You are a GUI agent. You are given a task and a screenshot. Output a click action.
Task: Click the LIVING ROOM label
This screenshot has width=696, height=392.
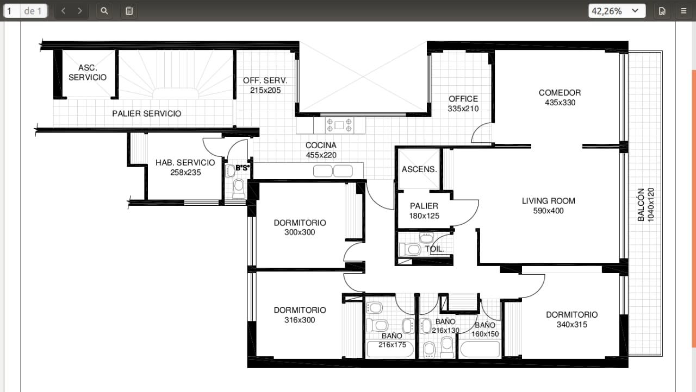(x=549, y=201)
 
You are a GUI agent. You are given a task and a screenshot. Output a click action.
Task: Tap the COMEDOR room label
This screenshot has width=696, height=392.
(x=560, y=93)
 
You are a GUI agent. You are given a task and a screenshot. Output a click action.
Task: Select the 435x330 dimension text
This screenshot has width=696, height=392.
(x=560, y=103)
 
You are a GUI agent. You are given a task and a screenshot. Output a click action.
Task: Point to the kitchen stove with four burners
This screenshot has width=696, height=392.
(x=339, y=125)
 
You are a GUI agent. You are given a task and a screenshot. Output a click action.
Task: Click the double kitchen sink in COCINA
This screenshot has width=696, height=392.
(x=333, y=171)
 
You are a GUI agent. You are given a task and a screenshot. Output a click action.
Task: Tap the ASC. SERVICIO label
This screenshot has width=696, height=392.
(x=88, y=73)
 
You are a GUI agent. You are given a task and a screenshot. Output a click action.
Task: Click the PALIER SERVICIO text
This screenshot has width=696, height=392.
(x=147, y=113)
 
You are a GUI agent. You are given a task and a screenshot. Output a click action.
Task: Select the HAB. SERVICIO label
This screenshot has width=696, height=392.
(x=185, y=162)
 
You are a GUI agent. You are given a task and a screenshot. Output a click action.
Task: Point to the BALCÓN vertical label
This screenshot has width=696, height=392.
(x=641, y=205)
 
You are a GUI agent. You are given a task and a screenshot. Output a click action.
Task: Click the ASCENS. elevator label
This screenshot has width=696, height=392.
(x=419, y=169)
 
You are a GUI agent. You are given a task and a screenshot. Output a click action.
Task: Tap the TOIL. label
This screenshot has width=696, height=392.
(x=434, y=249)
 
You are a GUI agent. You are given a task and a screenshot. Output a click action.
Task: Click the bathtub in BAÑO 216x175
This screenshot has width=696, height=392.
(x=390, y=349)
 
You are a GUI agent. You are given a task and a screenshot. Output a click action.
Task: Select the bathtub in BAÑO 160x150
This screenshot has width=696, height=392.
(x=480, y=349)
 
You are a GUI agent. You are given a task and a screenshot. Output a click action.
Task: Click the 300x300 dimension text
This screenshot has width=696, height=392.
(x=300, y=232)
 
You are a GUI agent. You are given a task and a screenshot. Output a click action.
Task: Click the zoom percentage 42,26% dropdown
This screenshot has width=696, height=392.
(x=617, y=11)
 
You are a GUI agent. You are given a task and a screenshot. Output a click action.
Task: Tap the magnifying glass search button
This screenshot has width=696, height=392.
(x=104, y=11)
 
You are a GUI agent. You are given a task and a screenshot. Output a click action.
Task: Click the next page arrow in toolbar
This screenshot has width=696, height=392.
(x=80, y=11)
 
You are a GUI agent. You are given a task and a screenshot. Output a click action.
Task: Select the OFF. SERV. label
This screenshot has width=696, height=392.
(x=265, y=81)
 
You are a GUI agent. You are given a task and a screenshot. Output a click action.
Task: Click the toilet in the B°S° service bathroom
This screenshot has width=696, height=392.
(x=239, y=188)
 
